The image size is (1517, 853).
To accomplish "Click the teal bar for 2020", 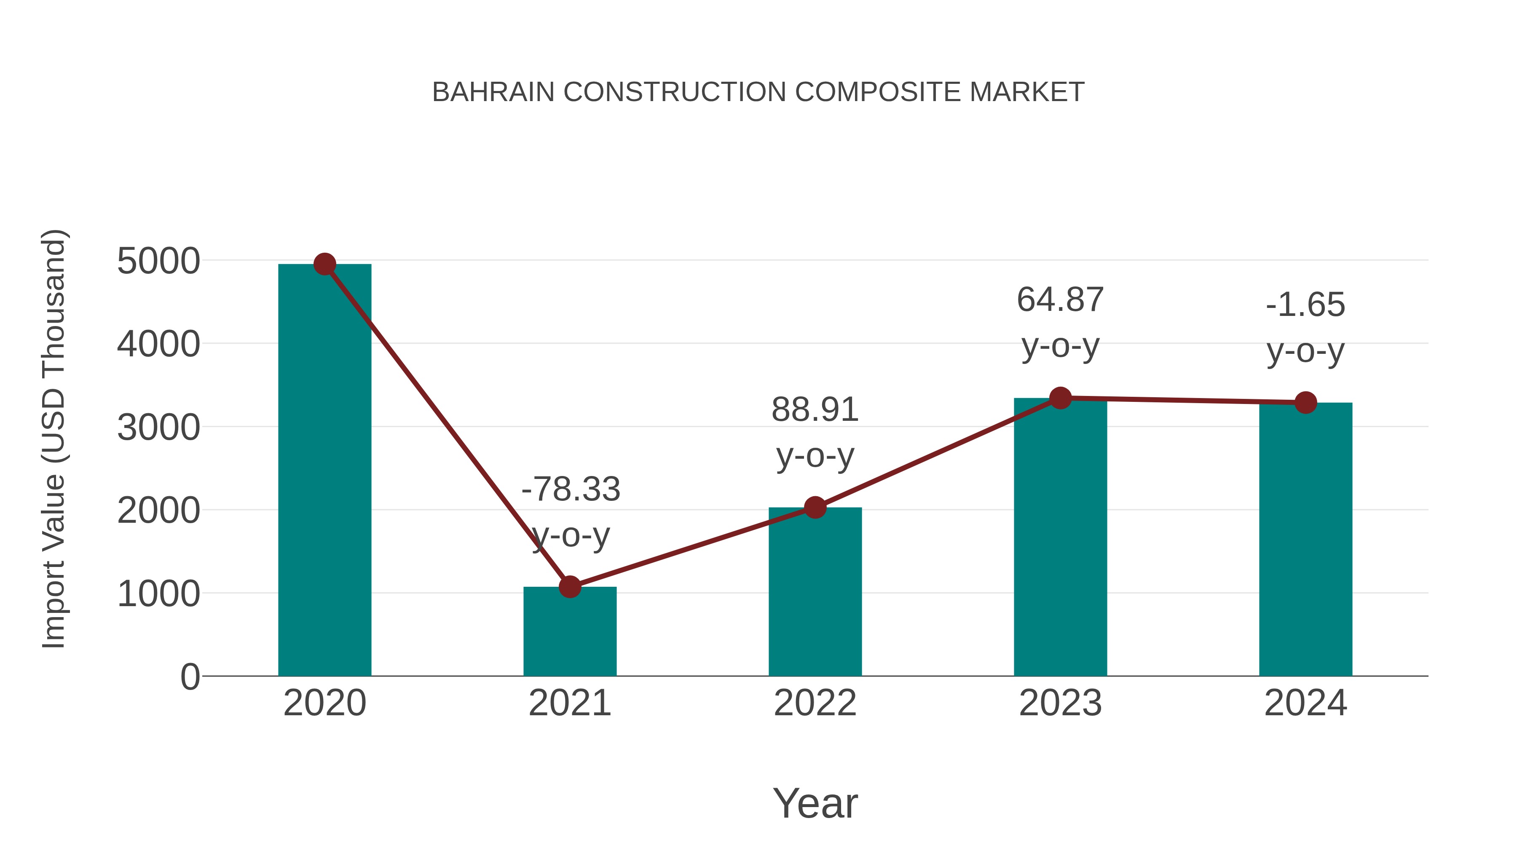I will click(x=324, y=471).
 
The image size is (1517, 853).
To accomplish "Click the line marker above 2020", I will click(x=324, y=264).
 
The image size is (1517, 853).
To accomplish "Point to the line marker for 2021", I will click(x=569, y=587).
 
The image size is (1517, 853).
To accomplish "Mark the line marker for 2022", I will click(x=815, y=508).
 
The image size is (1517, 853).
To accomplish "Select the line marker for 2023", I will click(x=1060, y=398).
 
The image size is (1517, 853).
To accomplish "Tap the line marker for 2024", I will click(x=1305, y=403).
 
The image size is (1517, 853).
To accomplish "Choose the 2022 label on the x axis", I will click(x=815, y=703).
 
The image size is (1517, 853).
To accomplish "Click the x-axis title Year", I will click(x=815, y=803).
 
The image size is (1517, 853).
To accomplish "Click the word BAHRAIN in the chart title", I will click(x=493, y=92).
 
